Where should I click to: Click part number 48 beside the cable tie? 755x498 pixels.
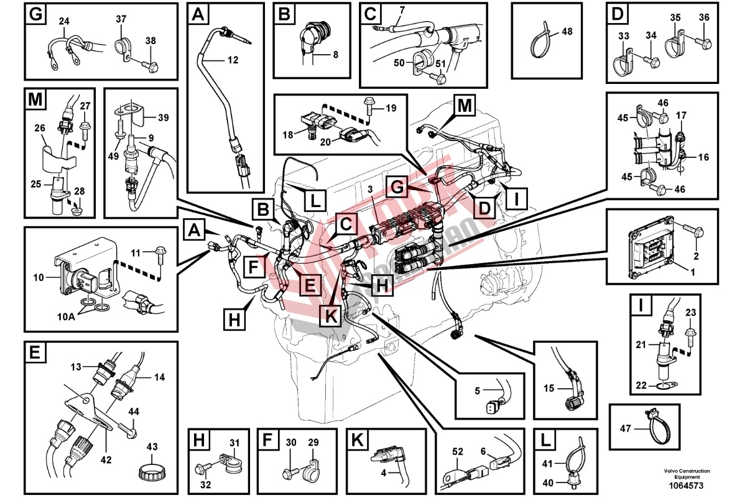566,31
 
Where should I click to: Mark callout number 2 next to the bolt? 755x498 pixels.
696,256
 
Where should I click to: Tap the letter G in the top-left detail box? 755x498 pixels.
35,14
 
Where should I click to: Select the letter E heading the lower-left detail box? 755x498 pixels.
35,354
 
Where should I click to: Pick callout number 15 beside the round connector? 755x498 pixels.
548,389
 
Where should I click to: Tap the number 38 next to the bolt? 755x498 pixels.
151,40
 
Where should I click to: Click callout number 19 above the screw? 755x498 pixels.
391,108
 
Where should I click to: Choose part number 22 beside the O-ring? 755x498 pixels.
641,386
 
